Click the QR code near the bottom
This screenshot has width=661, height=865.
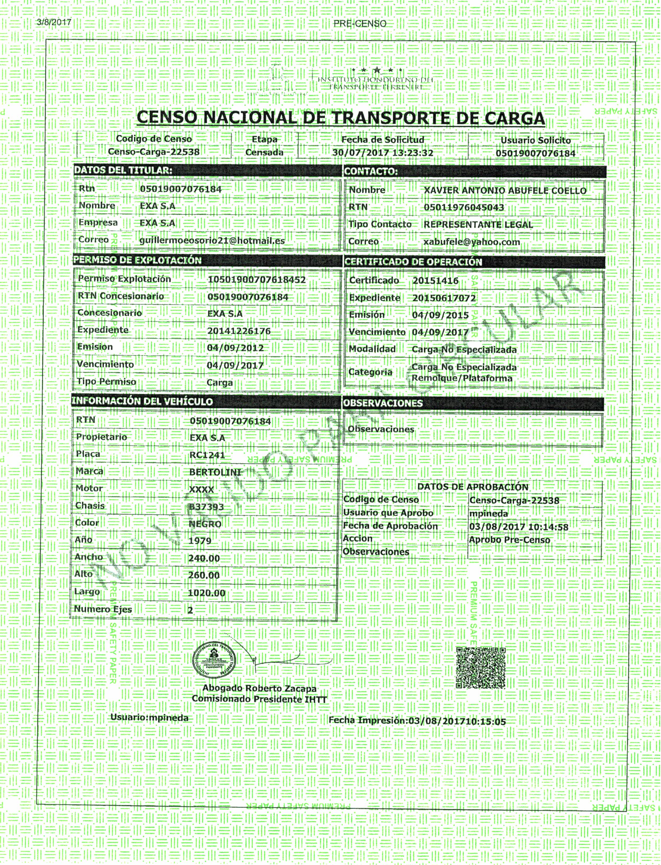tap(480, 668)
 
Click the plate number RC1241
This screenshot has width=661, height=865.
tap(207, 455)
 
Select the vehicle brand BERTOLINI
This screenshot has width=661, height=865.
tap(215, 472)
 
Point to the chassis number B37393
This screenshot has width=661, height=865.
tap(206, 507)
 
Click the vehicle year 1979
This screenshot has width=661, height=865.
tap(200, 541)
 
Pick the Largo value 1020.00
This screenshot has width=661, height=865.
tap(207, 593)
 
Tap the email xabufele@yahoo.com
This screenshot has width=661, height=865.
tap(471, 242)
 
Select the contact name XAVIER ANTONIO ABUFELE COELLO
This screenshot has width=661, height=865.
tap(505, 190)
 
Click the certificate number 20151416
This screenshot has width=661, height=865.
tap(435, 281)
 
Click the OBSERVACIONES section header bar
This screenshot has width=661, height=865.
tap(382, 403)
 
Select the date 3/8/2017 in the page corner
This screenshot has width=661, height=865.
tap(54, 22)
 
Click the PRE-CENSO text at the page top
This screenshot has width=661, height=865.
tap(360, 24)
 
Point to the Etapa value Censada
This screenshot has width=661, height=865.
tap(264, 152)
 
